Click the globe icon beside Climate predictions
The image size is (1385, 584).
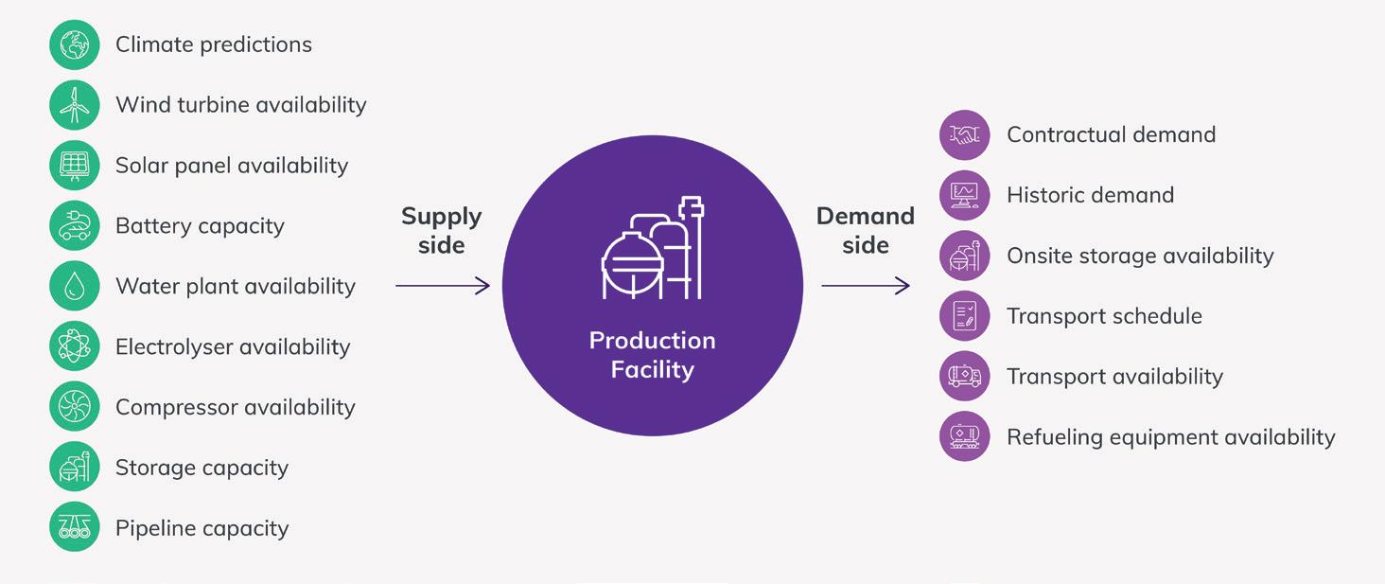point(74,44)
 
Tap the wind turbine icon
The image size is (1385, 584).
point(74,105)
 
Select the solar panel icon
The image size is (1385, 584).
point(74,166)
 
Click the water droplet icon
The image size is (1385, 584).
point(74,287)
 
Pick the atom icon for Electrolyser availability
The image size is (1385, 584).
point(74,347)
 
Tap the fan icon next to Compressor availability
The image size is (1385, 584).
point(74,408)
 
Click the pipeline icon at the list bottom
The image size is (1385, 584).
point(74,528)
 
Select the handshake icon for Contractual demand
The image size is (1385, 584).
point(964,135)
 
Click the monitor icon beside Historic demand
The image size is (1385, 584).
point(964,196)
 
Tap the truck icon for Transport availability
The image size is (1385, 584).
point(964,377)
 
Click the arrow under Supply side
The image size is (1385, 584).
point(442,286)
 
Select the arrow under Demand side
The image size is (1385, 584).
point(865,286)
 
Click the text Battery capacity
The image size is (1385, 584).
point(200,226)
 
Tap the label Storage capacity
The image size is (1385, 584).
point(202,468)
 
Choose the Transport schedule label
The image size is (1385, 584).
point(1104,316)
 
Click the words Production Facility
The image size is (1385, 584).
point(653,354)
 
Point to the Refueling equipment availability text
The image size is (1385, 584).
point(1170,437)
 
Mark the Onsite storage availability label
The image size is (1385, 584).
point(1140,257)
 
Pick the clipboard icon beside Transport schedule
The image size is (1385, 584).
point(964,316)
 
